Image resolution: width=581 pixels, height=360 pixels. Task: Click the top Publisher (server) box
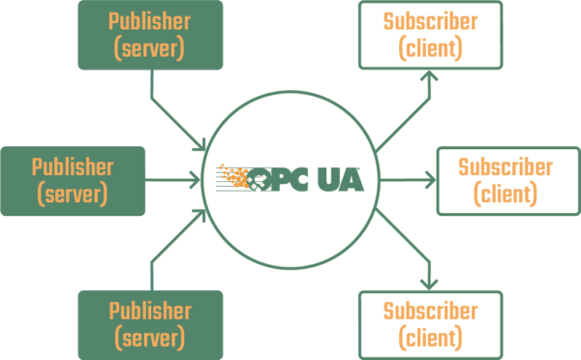click(x=149, y=35)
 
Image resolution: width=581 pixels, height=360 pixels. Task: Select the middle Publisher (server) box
click(x=73, y=180)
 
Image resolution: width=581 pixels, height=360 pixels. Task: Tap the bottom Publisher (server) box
click(x=149, y=324)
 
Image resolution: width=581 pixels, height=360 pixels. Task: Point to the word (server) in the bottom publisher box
click(x=149, y=338)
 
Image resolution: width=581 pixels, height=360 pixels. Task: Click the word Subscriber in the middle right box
click(x=505, y=167)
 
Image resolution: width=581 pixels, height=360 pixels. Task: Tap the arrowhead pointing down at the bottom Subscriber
click(x=427, y=283)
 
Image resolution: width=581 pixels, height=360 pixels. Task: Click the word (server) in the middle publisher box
click(x=73, y=194)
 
